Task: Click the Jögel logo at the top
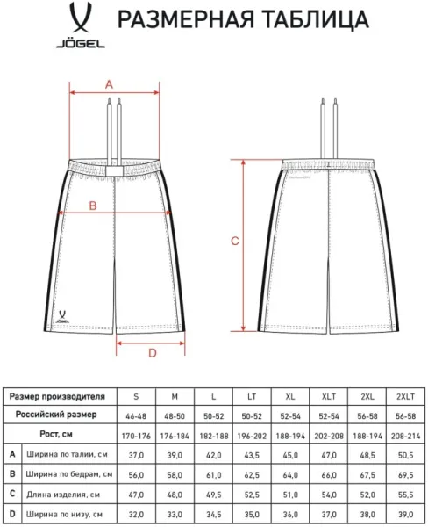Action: coord(81,25)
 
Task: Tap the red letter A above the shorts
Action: coord(109,84)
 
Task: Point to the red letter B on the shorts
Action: coord(93,206)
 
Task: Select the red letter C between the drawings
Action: coord(235,241)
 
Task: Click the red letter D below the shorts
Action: coord(153,353)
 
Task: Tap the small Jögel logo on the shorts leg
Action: coord(62,316)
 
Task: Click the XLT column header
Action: coord(329,397)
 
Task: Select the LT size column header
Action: coord(252,397)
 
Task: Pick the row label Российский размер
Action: coord(56,415)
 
